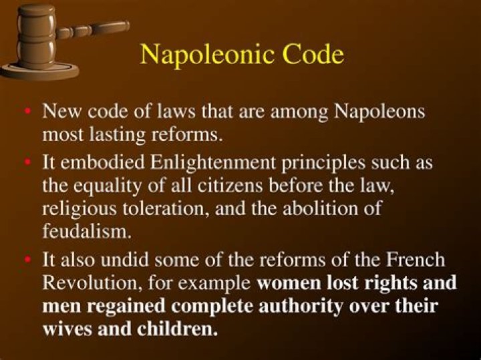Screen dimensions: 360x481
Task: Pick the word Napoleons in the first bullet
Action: [379, 112]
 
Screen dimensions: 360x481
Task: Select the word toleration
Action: [151, 207]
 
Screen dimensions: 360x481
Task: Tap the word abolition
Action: [313, 208]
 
